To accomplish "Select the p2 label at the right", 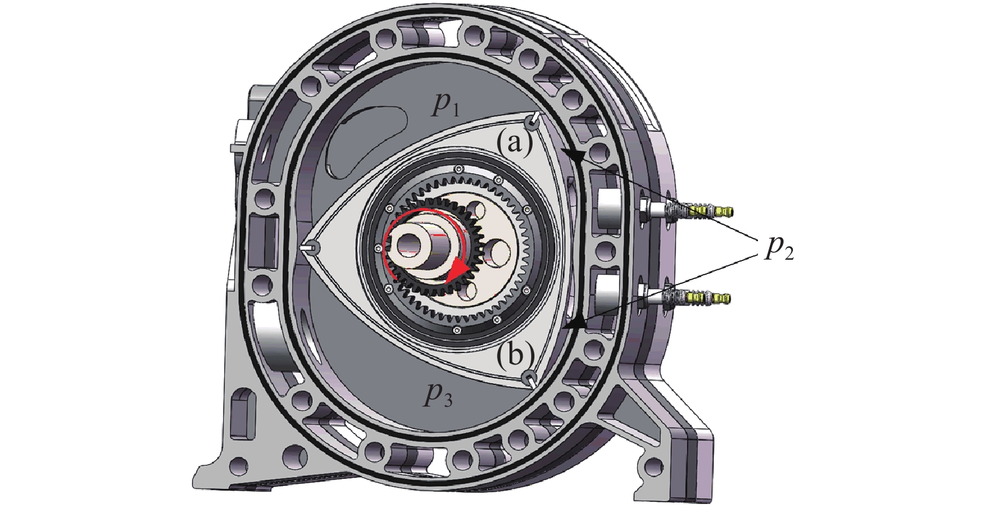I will [779, 247].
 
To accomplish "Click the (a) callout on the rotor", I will [514, 144].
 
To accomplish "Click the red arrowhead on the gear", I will [460, 270].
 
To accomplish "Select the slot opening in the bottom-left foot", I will [239, 415].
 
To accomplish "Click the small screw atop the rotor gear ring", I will [459, 168].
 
